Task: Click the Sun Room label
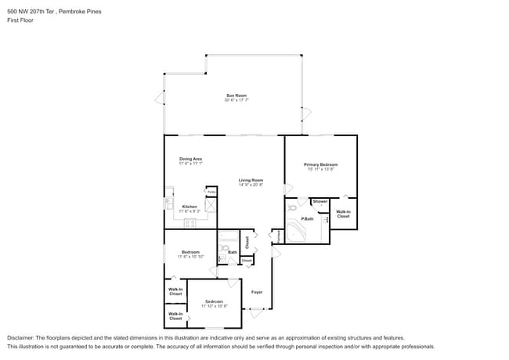point(236,95)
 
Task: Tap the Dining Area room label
point(190,159)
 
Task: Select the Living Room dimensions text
point(251,185)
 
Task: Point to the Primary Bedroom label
point(320,164)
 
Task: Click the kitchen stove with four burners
point(190,222)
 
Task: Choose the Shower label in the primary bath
point(320,201)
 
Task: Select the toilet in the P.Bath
point(293,208)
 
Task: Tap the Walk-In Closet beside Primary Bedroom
point(343,213)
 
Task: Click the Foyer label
point(256,292)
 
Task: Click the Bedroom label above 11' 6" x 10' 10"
point(190,252)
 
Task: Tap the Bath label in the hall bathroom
point(233,252)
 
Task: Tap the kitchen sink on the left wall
point(168,203)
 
